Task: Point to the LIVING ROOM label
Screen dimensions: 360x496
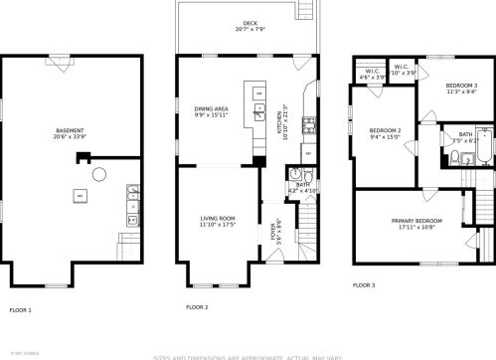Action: (218, 221)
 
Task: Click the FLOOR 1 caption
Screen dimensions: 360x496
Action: (21, 310)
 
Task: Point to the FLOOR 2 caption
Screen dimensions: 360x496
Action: (197, 307)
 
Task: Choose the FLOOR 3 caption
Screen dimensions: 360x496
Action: (364, 285)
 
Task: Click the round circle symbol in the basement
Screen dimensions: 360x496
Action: (98, 175)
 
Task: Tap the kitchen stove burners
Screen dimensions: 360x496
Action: (309, 125)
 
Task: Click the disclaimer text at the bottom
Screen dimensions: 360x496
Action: (248, 355)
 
